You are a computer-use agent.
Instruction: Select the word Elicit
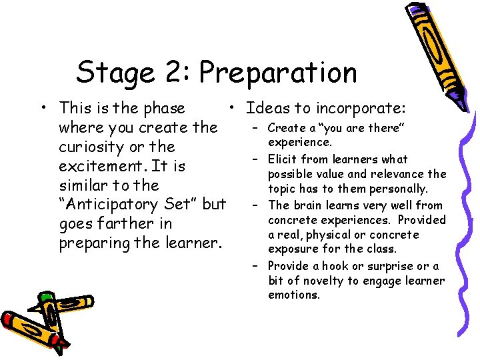[283, 159]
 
